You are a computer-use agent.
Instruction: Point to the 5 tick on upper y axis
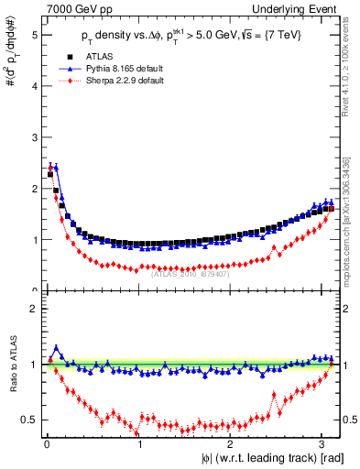(x=34, y=35)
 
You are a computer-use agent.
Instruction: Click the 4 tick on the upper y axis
(x=34, y=86)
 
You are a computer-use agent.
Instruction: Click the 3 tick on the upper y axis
(x=34, y=137)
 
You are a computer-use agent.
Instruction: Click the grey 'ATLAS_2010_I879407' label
(x=189, y=272)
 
